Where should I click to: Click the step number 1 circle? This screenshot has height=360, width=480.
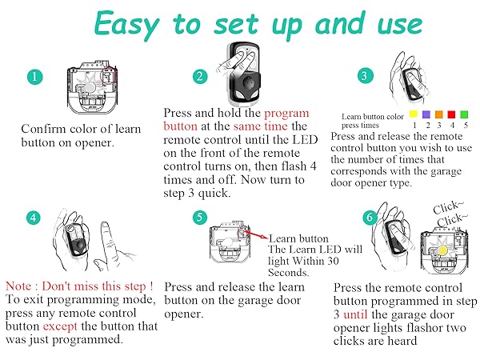[34, 77]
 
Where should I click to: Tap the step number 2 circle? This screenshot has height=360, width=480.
[200, 76]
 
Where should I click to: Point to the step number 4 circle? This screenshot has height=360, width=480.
[34, 218]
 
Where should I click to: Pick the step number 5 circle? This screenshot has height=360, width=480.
[199, 217]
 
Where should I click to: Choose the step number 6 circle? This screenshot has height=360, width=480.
[370, 218]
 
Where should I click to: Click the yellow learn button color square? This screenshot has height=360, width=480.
[414, 114]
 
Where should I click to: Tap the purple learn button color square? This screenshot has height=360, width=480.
[426, 114]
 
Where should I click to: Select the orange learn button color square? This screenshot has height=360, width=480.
[439, 114]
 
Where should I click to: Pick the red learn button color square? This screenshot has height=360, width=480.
[451, 114]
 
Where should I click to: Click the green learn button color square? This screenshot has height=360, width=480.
[464, 114]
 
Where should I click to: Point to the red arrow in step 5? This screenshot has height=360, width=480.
[257, 234]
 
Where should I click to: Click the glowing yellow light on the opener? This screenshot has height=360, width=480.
[442, 250]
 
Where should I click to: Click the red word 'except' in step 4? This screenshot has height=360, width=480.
[60, 327]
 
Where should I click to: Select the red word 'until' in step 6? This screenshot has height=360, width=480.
[355, 314]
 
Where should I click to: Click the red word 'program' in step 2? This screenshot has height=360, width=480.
[286, 114]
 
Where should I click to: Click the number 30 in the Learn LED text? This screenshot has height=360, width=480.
[333, 261]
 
